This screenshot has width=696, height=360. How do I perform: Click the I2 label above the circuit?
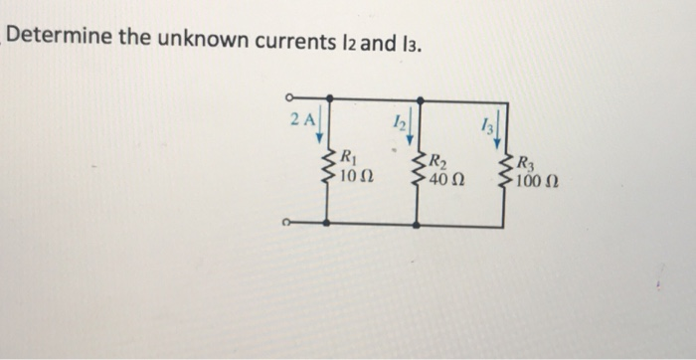398,122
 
